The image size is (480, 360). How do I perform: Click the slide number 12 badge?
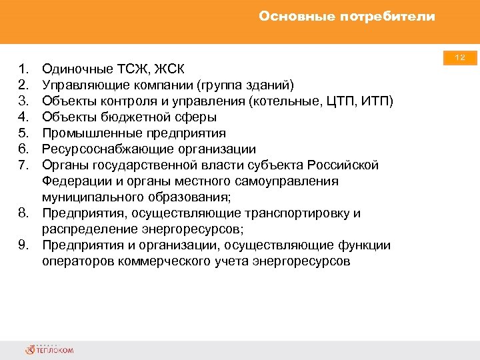coord(460,59)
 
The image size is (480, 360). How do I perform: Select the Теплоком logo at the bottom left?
coord(50,349)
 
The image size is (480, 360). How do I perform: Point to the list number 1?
coord(23,69)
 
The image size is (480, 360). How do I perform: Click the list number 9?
coord(23,245)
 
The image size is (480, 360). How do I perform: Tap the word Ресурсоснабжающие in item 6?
coord(101,149)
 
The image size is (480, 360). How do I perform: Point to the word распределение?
coord(82,229)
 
